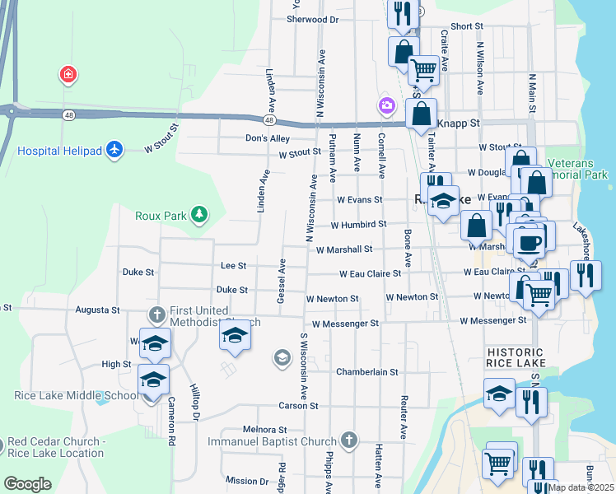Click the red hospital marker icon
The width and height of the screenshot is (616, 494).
coord(68,76)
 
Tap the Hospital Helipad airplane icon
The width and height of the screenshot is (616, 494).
coord(114,150)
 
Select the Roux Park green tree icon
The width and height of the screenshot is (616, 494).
coord(198,216)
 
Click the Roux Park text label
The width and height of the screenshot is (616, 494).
coord(161,217)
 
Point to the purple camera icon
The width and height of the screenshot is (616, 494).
coord(385,105)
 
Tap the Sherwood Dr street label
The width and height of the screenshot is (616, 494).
coord(311,19)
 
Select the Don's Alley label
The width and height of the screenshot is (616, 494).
coord(268,138)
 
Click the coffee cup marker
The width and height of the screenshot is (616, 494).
coord(529,242)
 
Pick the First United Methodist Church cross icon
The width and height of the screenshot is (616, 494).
coord(157,314)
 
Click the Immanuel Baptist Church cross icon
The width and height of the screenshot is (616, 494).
coord(349,440)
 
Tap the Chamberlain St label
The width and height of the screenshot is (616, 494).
coord(366,372)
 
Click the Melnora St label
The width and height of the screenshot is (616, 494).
coord(264,430)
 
